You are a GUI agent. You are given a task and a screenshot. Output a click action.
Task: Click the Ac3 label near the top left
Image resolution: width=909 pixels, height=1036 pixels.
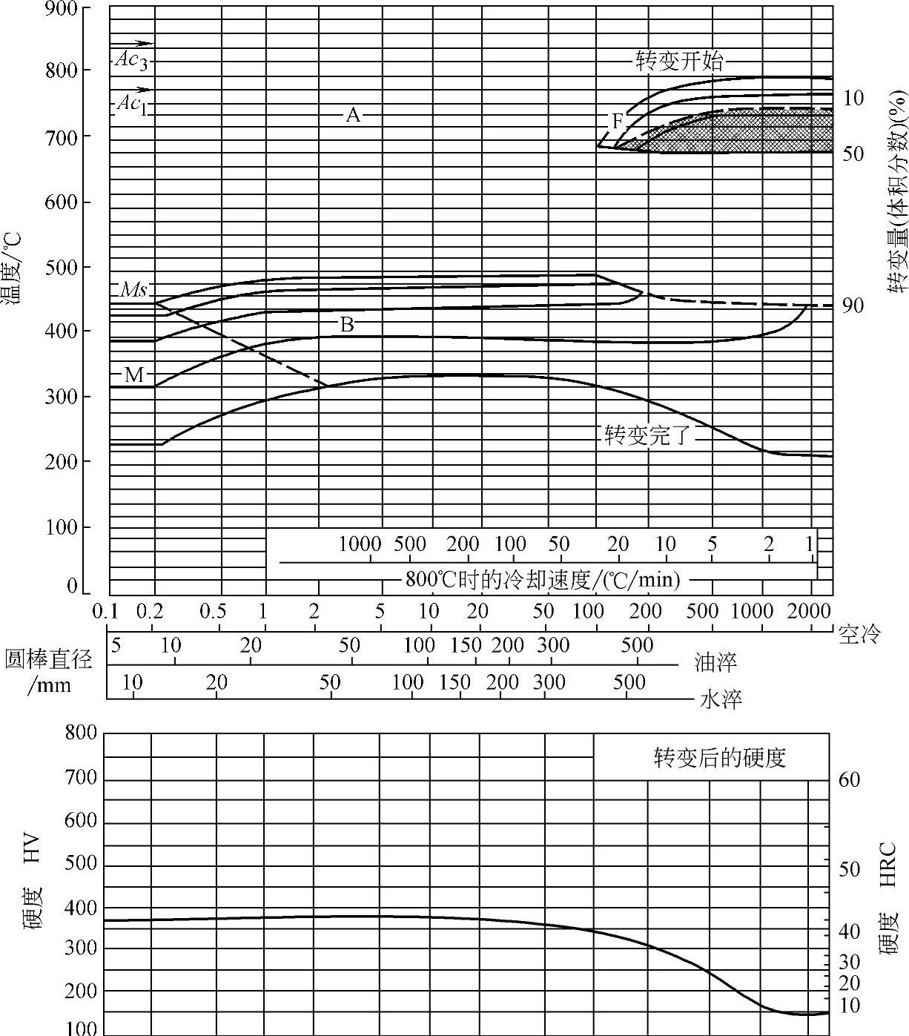[x=131, y=61]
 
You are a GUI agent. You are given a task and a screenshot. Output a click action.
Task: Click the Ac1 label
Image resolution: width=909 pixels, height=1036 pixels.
[x=131, y=105]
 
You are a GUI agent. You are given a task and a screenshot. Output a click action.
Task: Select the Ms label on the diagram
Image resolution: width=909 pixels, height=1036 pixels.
[x=133, y=290]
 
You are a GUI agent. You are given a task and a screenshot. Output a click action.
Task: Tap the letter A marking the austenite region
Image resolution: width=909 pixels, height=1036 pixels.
[x=353, y=115]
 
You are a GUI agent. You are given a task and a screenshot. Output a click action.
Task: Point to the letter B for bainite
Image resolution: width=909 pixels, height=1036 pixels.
[x=346, y=324]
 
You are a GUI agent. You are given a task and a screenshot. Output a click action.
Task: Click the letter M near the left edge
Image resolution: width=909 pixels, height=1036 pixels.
[x=133, y=375]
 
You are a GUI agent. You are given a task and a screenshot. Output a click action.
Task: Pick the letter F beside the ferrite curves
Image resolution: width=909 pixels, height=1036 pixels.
[x=618, y=120]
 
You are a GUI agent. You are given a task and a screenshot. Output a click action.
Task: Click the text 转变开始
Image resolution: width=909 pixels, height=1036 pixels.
[x=678, y=61]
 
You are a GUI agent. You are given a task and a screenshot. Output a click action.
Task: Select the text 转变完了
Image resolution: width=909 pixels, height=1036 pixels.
[x=647, y=435]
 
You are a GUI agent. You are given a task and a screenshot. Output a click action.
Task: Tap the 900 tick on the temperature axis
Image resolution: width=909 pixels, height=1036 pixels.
[x=62, y=8]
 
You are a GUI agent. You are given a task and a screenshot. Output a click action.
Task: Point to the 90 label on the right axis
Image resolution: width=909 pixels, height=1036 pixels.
[x=853, y=306]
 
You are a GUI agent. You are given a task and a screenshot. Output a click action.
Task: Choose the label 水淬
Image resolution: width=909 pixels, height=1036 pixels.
[x=720, y=699]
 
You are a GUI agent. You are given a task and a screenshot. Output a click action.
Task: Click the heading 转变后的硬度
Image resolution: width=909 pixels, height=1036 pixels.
[x=719, y=758]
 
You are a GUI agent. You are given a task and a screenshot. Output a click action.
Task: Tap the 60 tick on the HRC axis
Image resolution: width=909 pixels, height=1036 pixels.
[x=850, y=779]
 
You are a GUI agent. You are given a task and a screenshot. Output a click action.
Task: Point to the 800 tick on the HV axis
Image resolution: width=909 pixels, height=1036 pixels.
[x=81, y=733]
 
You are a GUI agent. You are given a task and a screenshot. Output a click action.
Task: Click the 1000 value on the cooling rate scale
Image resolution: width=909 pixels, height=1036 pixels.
[x=360, y=544]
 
